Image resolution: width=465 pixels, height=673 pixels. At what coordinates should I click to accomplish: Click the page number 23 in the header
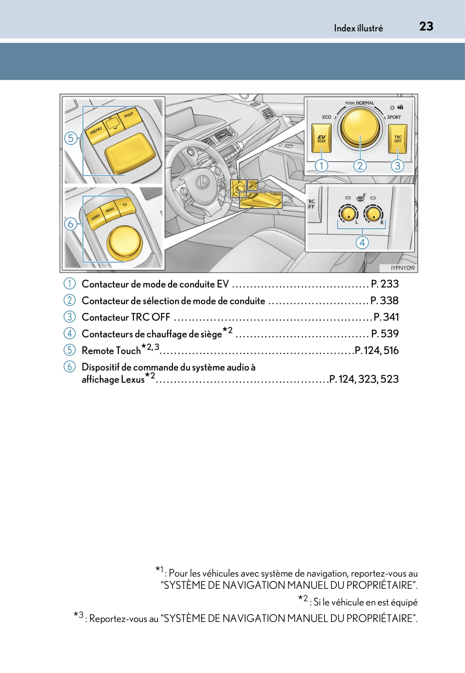coord(426,26)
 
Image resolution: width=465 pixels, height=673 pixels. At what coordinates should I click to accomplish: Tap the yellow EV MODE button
coord(322,138)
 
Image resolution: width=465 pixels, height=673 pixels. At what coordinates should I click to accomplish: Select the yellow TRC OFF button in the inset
coord(397,139)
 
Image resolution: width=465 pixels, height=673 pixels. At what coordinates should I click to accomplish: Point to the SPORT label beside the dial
coord(394,117)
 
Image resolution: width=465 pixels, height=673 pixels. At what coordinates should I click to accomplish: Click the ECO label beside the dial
coord(327,117)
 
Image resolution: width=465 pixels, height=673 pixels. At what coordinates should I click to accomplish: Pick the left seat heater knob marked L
coord(347,213)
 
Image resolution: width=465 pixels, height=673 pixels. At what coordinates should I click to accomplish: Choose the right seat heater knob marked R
coord(373,213)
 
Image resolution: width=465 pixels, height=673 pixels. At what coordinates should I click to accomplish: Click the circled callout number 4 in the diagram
coord(362,243)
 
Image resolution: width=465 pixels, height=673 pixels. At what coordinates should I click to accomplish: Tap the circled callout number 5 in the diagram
coord(71,138)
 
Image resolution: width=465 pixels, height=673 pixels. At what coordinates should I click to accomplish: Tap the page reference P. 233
coord(385,284)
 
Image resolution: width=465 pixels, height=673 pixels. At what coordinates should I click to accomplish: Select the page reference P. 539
coord(385,334)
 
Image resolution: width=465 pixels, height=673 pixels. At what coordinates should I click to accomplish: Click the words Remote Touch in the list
coord(111,351)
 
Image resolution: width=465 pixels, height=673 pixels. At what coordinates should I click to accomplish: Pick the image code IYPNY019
coord(402,268)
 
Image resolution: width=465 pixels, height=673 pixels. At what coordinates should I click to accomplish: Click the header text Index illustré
coord(358,28)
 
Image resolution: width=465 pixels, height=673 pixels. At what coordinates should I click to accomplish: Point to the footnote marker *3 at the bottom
coord(79,615)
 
